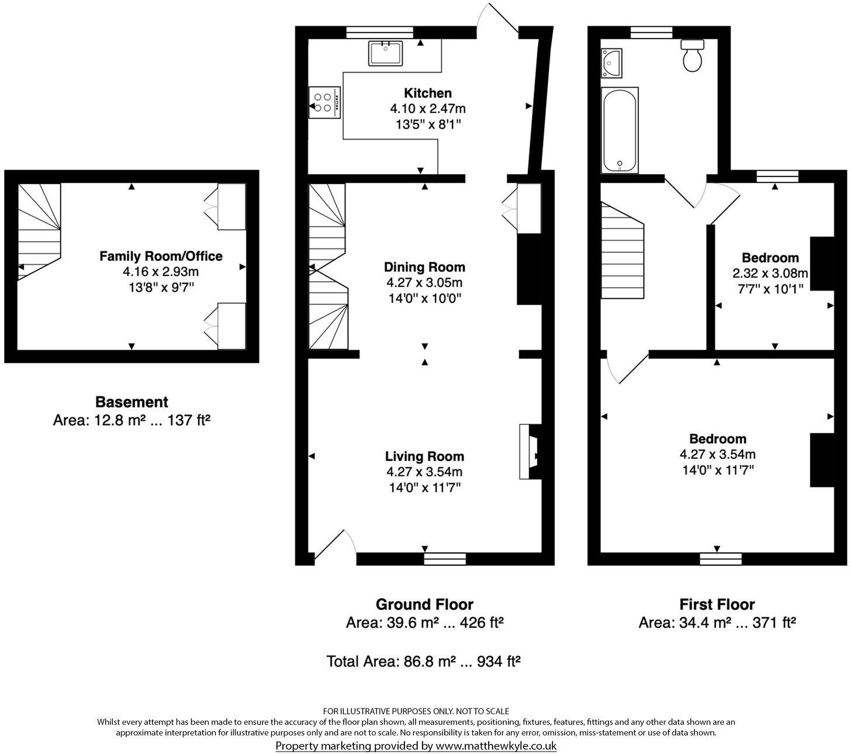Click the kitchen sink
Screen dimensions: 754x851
coord(385,53)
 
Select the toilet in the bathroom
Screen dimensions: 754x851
coord(693,56)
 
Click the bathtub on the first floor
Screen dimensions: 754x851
coord(620,130)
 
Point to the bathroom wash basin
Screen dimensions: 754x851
coord(611,63)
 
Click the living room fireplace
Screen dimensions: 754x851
coord(531,452)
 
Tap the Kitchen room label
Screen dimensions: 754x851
coord(428,93)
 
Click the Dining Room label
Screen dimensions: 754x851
coord(424,267)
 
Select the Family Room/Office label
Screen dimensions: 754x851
coord(161,256)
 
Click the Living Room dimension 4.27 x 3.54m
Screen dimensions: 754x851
coord(424,472)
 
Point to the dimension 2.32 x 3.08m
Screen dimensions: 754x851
coord(770,273)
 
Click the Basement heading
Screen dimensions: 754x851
coord(132,402)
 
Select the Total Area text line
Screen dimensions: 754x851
coord(424,662)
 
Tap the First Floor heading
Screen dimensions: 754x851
coord(717,604)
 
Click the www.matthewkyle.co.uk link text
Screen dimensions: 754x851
coord(496,746)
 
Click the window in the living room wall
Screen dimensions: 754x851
coord(445,559)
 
